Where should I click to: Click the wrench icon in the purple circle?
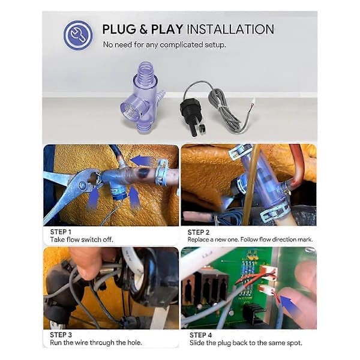pyautogui.click(x=77, y=35)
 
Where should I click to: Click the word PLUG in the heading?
pyautogui.click(x=119, y=29)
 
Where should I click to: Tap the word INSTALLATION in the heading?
pyautogui.click(x=230, y=29)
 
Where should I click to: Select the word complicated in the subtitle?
pyautogui.click(x=181, y=45)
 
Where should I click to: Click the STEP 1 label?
pyautogui.click(x=61, y=232)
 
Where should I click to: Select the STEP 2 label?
pyautogui.click(x=199, y=232)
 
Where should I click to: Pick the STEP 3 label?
pyautogui.click(x=61, y=335)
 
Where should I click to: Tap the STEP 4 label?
pyautogui.click(x=200, y=335)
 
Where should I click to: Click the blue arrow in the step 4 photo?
pyautogui.click(x=290, y=305)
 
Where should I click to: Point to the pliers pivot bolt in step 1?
pyautogui.click(x=82, y=185)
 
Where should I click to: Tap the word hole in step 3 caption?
pyautogui.click(x=133, y=343)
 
